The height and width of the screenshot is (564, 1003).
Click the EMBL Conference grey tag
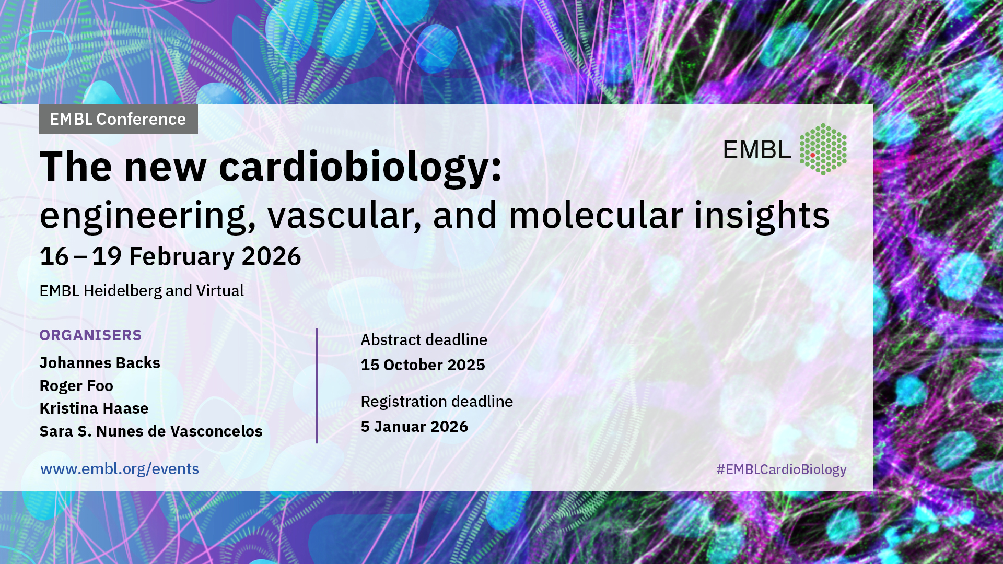coord(119,119)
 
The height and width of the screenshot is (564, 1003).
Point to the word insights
coord(762,216)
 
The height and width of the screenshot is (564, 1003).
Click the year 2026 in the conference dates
coord(271,256)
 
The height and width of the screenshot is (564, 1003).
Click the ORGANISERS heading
coord(90,335)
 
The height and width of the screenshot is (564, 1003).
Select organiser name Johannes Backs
coord(100,363)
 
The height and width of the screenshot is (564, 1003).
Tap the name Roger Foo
coord(76,386)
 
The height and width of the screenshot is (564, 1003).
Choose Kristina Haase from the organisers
coord(94,408)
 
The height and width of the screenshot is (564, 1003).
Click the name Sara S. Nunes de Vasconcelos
coord(151,431)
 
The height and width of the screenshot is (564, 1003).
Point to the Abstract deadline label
coord(424,340)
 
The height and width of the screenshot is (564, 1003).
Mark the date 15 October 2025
coord(423,365)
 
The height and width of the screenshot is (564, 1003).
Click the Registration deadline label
coord(437,402)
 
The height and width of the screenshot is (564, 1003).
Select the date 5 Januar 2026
coord(414,427)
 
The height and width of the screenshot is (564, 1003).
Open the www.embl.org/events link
coord(120,469)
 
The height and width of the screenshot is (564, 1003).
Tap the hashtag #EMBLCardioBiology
coord(781,469)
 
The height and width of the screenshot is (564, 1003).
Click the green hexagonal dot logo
coord(823,149)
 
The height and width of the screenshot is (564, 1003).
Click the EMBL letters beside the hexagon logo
coord(757,150)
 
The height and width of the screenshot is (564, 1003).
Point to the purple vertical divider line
coord(317,386)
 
